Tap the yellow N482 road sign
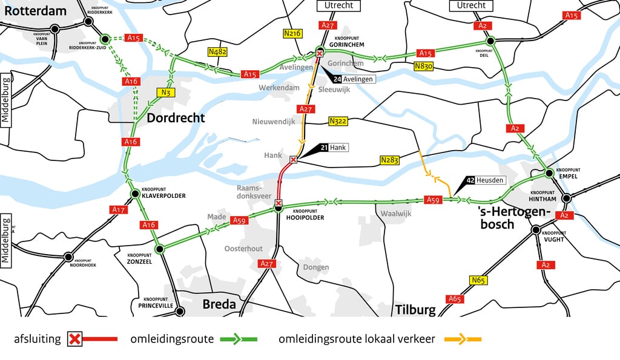click(x=217, y=52)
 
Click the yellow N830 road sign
click(x=424, y=66)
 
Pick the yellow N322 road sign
click(x=338, y=121)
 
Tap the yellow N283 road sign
click(x=390, y=160)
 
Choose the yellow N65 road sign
click(x=478, y=280)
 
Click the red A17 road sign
click(x=118, y=209)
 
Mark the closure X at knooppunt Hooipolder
click(x=278, y=203)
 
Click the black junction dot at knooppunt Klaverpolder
click(x=136, y=194)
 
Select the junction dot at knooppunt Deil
click(x=490, y=41)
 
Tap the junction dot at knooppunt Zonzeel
click(x=160, y=249)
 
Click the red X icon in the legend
click(x=74, y=339)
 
